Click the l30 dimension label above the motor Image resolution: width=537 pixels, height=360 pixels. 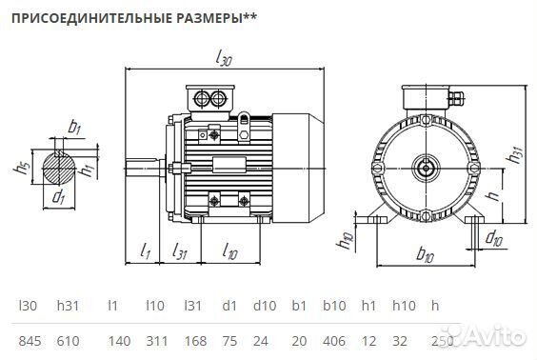pos(225,61)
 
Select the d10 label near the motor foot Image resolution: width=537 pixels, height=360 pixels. pos(495,237)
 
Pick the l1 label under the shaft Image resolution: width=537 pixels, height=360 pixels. pos(145,251)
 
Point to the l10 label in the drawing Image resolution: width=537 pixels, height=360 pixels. pos(229,251)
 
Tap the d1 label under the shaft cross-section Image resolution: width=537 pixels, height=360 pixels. pos(59,197)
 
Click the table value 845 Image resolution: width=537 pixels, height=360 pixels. pos(30,340)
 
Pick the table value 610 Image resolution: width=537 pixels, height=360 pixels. pos(69,340)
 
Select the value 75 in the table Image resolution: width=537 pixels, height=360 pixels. pos(229,340)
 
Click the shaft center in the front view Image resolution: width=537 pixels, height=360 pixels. pos(424,170)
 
